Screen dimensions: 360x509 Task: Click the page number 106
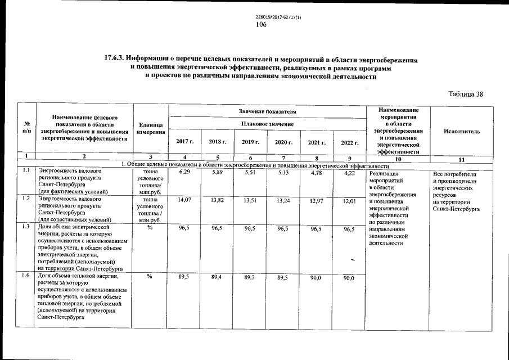point(260,24)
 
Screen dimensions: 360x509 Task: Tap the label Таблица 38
point(466,94)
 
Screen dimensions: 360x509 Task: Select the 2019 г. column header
point(250,142)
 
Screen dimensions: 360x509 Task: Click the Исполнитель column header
point(461,131)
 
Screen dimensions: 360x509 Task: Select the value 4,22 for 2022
point(349,172)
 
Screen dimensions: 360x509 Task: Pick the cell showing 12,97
point(317,199)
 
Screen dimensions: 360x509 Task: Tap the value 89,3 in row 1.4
point(250,277)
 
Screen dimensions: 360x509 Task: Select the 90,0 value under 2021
point(317,277)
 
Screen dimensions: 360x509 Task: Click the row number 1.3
point(25,226)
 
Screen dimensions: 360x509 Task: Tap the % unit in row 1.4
point(150,276)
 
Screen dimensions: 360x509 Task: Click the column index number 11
point(461,160)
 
